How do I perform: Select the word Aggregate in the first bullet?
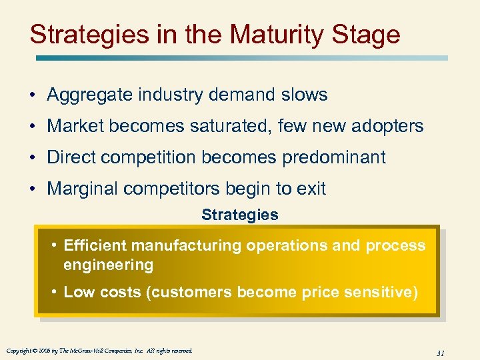pyautogui.click(x=90, y=95)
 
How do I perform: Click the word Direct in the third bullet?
pyautogui.click(x=71, y=157)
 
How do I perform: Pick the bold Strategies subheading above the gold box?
pyautogui.click(x=240, y=215)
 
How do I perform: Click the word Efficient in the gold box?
pyautogui.click(x=92, y=245)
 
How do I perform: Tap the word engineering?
pyautogui.click(x=108, y=265)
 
